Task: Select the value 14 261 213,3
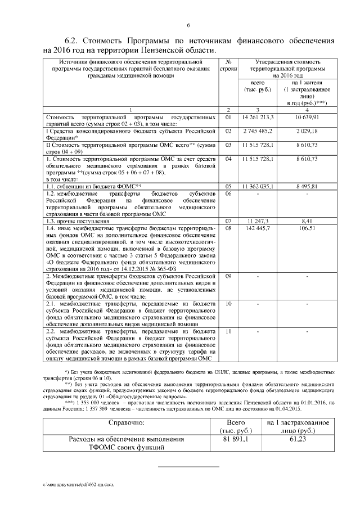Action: coord(257,118)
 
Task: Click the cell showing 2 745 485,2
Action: coord(257,130)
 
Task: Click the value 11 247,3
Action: coord(257,221)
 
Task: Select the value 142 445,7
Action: coord(257,228)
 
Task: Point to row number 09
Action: coord(228,276)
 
